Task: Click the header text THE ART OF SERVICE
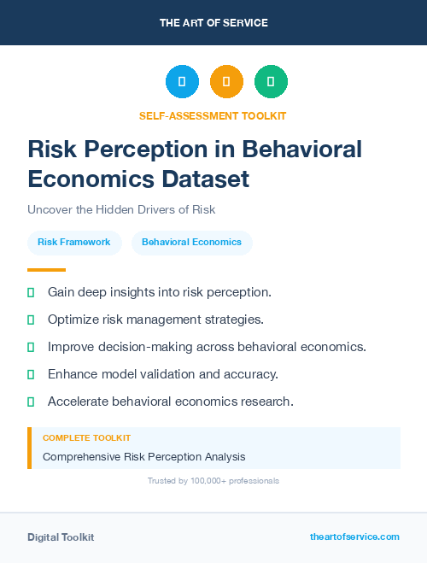tap(213, 23)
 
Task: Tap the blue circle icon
tap(182, 82)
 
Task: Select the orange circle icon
tap(226, 82)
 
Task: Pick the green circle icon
tap(271, 82)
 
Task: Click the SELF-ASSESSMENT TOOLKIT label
tap(213, 115)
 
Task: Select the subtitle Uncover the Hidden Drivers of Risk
tap(120, 209)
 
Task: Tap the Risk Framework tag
tap(74, 243)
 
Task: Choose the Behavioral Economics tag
tap(191, 243)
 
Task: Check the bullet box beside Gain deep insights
tap(31, 292)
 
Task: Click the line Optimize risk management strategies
tap(155, 320)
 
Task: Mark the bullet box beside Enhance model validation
tap(31, 374)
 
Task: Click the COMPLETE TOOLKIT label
tap(86, 437)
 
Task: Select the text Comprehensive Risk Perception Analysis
tap(143, 456)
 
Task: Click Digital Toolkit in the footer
tap(61, 537)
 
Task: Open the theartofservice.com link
tap(354, 537)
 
